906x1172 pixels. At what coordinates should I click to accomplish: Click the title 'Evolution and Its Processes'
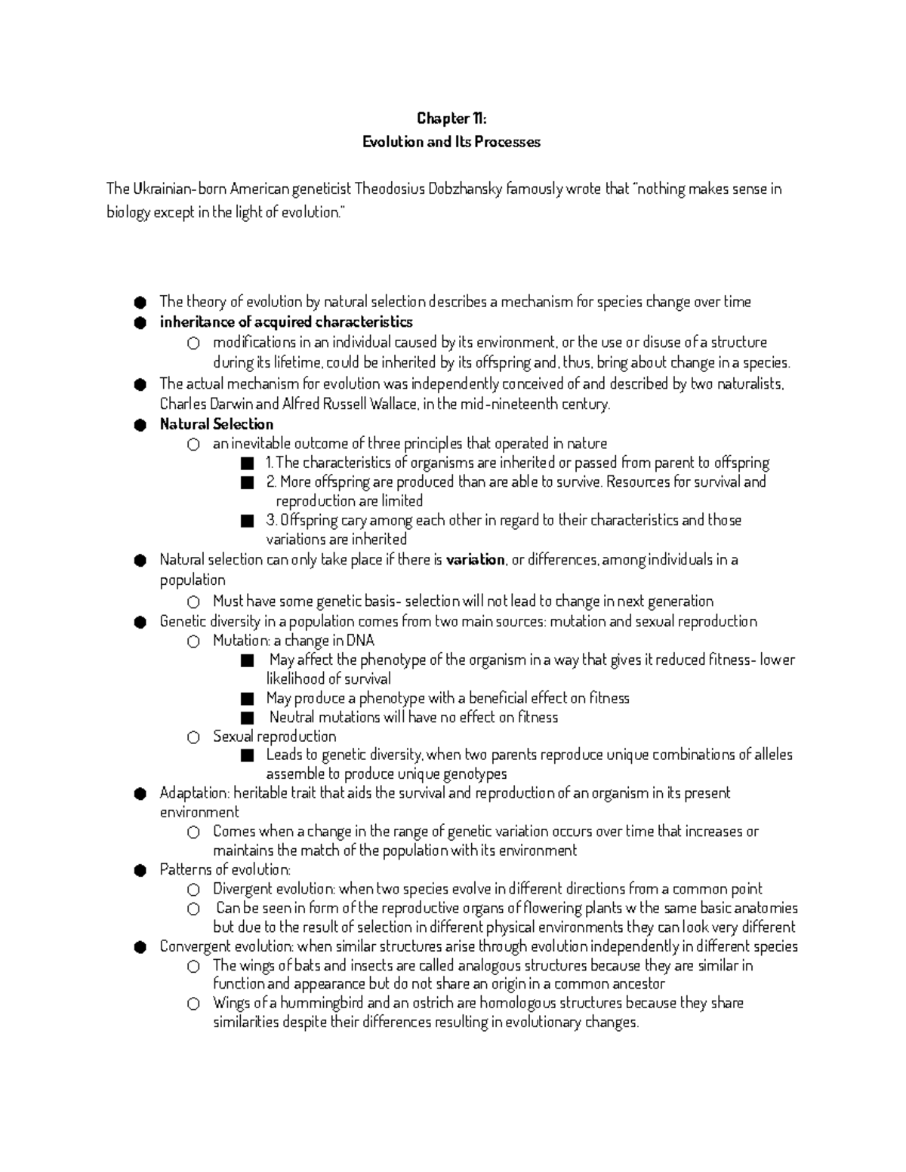point(451,142)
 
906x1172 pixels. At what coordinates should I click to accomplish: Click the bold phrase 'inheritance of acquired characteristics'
point(286,322)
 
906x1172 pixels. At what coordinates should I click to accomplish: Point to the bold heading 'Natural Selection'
point(217,424)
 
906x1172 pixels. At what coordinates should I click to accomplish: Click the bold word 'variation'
point(475,560)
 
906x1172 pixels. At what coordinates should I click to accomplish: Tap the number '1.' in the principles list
point(270,463)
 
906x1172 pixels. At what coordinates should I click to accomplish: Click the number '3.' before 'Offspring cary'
point(271,520)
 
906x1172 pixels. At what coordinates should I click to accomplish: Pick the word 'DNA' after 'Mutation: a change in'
point(360,641)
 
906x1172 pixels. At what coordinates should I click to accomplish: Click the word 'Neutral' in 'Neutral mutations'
point(291,717)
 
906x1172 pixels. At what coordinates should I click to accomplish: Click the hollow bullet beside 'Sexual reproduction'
point(193,737)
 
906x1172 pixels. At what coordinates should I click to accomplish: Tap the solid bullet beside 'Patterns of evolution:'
point(139,871)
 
